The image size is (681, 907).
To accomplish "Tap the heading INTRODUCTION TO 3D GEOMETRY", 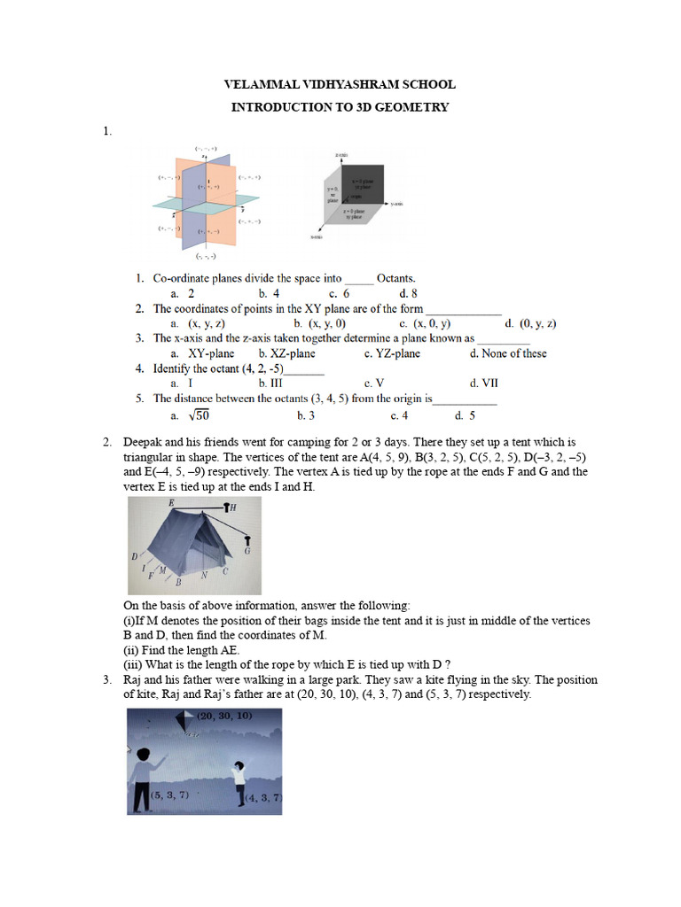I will pos(340,107).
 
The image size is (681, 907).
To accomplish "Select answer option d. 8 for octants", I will pos(408,293).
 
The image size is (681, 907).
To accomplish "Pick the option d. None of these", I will pos(508,353).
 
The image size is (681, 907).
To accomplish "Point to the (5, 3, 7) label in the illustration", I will pos(169,795).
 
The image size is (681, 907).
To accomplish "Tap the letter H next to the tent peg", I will pos(233,508).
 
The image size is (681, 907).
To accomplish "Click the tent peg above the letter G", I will pos(247,539).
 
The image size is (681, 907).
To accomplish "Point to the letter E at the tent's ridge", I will pos(171,502).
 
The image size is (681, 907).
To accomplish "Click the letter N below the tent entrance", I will pos(204,576).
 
